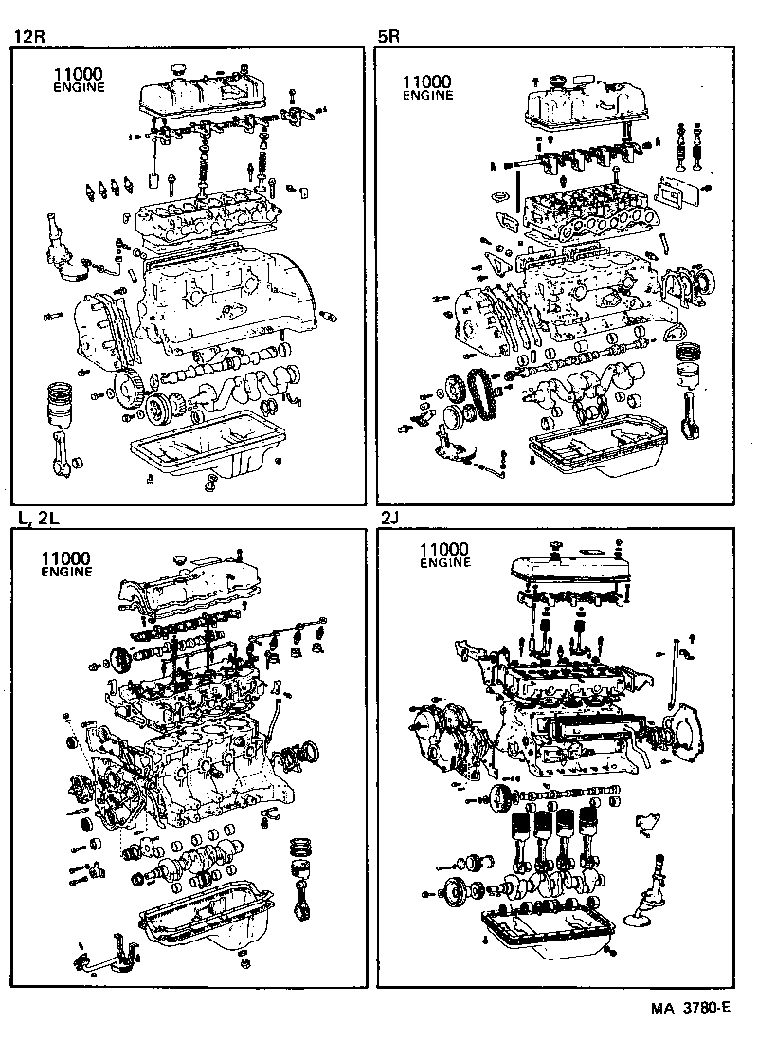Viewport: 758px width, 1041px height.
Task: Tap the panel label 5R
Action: tap(389, 37)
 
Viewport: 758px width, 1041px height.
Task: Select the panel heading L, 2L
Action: tap(37, 518)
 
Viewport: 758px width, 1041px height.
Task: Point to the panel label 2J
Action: tap(390, 518)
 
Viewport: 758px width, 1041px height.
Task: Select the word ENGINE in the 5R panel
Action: tap(428, 95)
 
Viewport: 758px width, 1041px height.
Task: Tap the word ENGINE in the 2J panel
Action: tap(444, 562)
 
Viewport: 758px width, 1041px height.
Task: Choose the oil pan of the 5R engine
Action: tap(597, 449)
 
